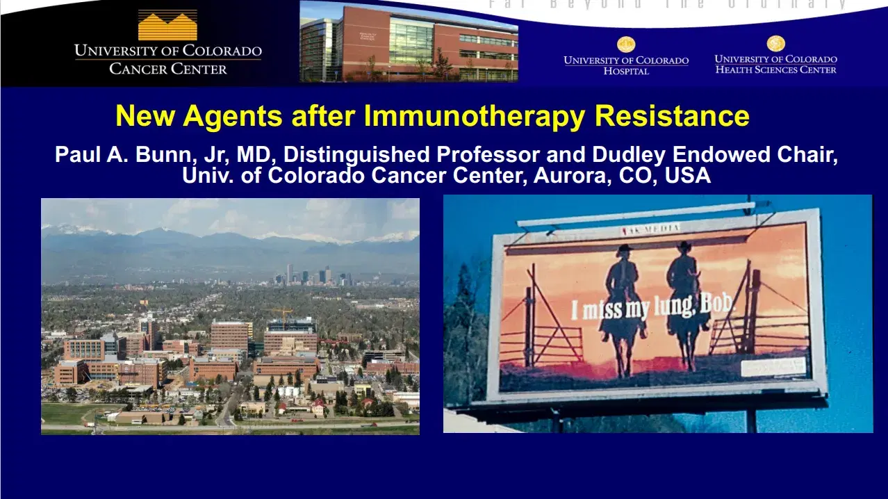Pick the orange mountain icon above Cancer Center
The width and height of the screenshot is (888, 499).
click(167, 25)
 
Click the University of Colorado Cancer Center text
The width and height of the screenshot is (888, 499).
click(167, 59)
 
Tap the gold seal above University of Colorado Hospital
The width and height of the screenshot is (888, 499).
click(626, 44)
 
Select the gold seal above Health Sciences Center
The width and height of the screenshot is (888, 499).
click(775, 44)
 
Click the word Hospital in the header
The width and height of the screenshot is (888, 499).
click(626, 71)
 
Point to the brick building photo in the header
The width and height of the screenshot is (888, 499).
click(409, 42)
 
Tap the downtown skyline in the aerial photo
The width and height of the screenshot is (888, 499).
click(313, 275)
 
